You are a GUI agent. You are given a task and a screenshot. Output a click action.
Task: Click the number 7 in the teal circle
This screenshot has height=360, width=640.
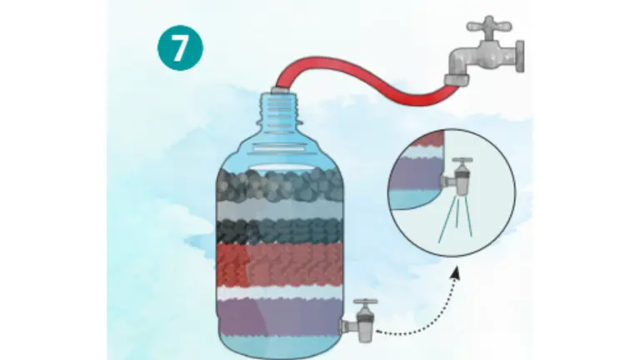pos(180,48)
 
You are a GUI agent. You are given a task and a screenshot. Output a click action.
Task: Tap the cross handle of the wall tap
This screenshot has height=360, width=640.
pos(489,26)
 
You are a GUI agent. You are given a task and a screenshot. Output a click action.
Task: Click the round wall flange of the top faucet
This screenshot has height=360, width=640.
pos(519,57)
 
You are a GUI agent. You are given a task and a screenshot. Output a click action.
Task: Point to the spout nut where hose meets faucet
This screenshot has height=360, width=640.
pos(457,80)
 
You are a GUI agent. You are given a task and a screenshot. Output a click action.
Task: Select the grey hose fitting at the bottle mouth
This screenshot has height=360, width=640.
pos(280,89)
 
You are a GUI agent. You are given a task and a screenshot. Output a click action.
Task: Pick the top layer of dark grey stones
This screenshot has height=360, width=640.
pos(279,185)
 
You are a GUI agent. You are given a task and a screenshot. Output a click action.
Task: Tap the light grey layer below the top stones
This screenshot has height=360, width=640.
pos(279,211)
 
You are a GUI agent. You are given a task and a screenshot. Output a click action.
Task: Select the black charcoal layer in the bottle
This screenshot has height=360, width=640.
pos(279,232)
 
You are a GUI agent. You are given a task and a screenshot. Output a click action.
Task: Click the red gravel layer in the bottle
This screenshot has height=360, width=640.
pos(279,265)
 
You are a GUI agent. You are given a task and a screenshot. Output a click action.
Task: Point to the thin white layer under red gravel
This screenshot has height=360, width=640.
pos(279,292)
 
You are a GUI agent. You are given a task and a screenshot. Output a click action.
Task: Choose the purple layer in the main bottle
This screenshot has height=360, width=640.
pos(279,317)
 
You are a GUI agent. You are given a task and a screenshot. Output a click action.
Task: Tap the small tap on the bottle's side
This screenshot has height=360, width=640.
pos(359,321)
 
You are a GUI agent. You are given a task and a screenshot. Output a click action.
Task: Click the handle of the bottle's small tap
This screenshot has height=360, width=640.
pos(365,303)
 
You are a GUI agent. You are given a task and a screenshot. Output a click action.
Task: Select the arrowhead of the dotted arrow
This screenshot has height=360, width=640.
pos(456,272)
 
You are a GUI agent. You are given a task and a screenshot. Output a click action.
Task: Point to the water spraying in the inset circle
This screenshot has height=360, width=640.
pos(457,219)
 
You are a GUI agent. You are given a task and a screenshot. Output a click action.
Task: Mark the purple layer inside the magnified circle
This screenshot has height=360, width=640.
pos(414,173)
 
